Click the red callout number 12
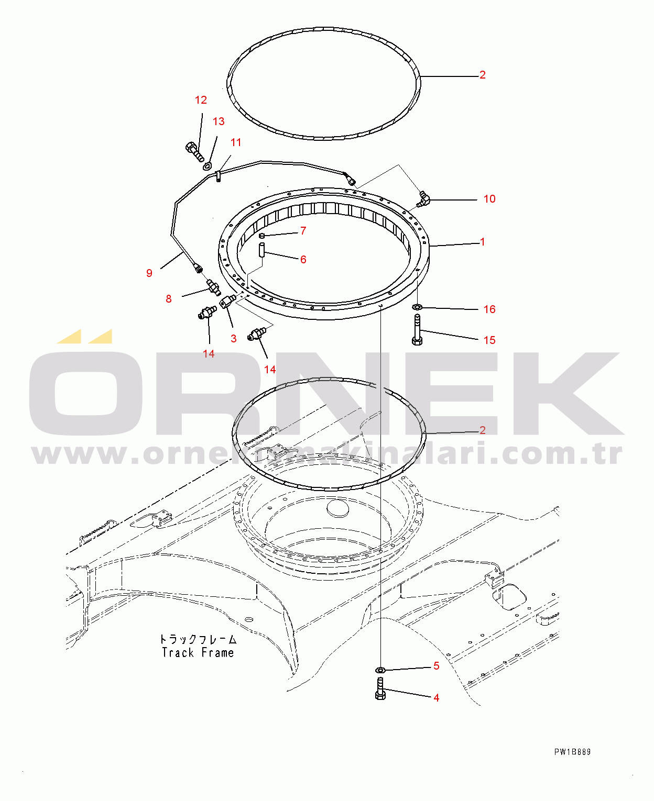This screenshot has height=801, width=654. point(201,100)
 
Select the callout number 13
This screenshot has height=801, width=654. point(219,121)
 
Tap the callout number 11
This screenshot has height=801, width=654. point(236,142)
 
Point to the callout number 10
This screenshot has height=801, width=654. point(489,198)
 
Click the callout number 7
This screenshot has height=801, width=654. point(303,230)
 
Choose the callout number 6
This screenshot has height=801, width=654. point(303,259)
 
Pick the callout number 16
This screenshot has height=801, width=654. point(489,309)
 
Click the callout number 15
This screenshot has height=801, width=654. point(489,340)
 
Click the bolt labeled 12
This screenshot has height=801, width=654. point(194,152)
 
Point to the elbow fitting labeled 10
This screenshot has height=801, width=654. point(423,199)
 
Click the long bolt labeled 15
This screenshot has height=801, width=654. point(417,330)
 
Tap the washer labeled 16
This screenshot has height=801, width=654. point(417,306)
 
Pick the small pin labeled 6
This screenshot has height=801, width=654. point(262,250)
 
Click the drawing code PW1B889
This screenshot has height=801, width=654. point(572,752)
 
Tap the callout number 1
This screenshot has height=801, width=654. point(482,241)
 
